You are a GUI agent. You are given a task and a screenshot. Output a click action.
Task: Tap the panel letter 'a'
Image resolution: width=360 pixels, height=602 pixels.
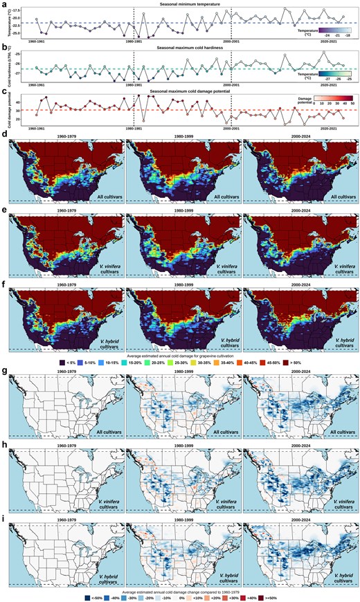5,4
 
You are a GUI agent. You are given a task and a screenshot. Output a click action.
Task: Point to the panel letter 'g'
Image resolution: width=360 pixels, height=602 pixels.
5,372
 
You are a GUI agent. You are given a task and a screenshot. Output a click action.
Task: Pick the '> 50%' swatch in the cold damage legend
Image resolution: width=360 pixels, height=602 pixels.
303,362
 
